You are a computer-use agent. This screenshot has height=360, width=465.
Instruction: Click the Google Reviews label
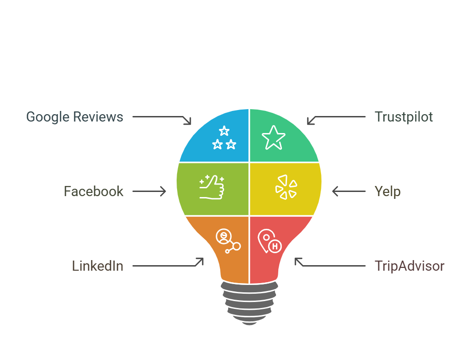[x=75, y=117]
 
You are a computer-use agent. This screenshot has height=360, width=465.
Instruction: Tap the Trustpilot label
[x=404, y=117]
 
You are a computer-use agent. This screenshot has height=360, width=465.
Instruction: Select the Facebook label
[x=93, y=192]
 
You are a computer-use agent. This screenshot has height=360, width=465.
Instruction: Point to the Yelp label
[x=388, y=192]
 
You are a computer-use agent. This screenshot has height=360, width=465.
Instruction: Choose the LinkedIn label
[x=98, y=266]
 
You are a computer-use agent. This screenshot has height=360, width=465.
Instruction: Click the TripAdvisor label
[x=409, y=266]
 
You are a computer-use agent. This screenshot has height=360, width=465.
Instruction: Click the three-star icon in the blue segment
[x=224, y=138]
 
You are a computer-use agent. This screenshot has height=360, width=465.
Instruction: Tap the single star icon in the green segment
[x=273, y=137]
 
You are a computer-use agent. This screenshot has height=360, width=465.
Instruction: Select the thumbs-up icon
[x=212, y=187]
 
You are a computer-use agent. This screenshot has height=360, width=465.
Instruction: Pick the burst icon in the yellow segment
[x=286, y=187]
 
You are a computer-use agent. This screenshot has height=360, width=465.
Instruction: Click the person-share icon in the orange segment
[x=228, y=241]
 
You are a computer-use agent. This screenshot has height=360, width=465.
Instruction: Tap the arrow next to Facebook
[x=149, y=192]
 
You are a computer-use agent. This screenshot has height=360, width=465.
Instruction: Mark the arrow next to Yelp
[x=349, y=192]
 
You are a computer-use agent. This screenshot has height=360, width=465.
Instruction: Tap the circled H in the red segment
[x=275, y=246]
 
